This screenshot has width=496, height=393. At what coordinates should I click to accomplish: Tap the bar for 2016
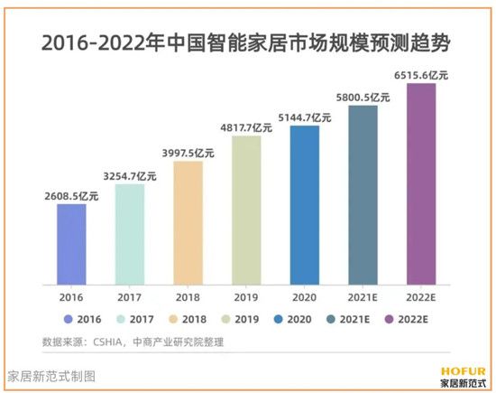[x=71, y=243]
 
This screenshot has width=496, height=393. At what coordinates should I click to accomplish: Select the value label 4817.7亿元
[x=246, y=126]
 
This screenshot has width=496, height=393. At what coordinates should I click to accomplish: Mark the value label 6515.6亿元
[x=421, y=73]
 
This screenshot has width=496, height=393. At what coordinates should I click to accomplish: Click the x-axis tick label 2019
[x=246, y=295]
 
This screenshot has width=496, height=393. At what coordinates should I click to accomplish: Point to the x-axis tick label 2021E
[x=363, y=295]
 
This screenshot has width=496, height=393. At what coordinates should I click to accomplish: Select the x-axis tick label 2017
[x=130, y=295]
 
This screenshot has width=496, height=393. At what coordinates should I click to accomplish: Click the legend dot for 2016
[x=69, y=319]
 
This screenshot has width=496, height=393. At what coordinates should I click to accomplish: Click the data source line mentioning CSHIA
[x=133, y=342]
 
